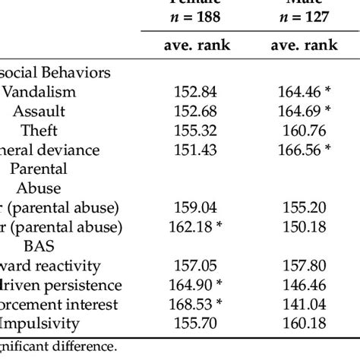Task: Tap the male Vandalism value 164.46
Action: tap(302, 93)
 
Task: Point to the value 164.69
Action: tap(302, 111)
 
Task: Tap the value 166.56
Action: tap(302, 149)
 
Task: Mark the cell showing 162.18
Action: tap(196, 226)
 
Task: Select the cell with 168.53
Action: tap(196, 304)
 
